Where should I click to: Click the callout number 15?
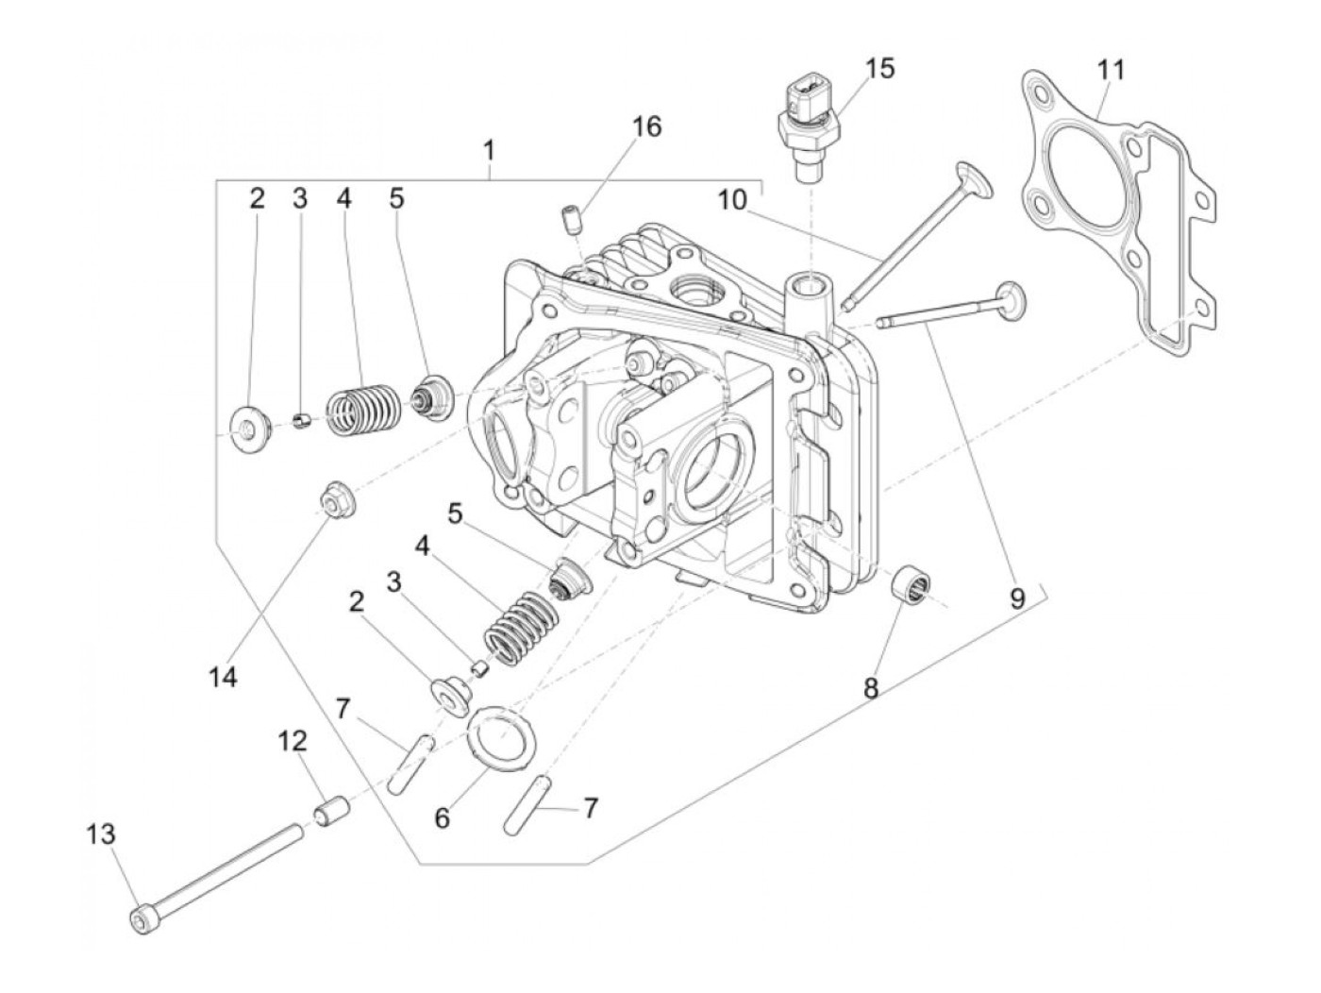click(879, 69)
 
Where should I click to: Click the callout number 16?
click(646, 126)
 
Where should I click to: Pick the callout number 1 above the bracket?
click(489, 150)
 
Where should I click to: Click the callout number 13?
click(101, 834)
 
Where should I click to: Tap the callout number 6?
click(442, 817)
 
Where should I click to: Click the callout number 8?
click(871, 688)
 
